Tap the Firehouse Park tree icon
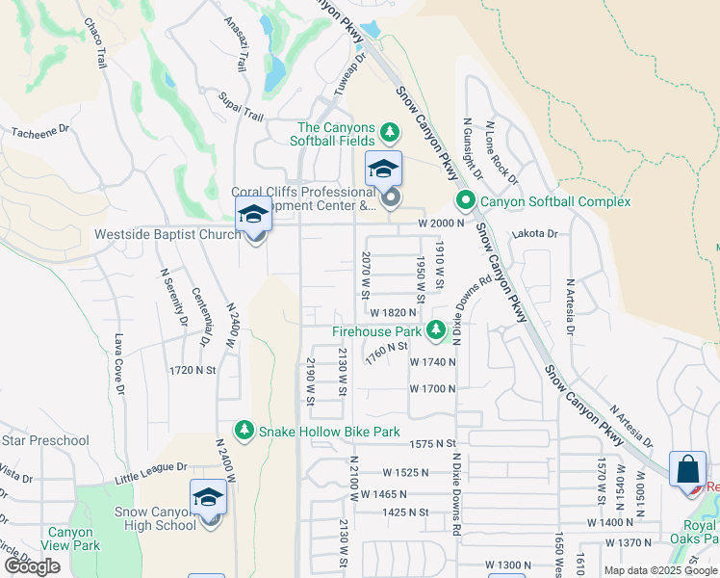tap(436, 330)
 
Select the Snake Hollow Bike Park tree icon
tap(244, 432)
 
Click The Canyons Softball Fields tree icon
tap(390, 131)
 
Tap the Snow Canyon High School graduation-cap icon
tap(208, 499)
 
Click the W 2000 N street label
tap(441, 223)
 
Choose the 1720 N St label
tap(192, 369)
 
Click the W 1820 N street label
tap(393, 312)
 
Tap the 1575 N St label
tap(431, 443)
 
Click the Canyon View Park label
tap(71, 539)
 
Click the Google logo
tap(32, 566)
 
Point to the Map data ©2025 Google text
tap(659, 570)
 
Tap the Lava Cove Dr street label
tap(120, 364)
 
